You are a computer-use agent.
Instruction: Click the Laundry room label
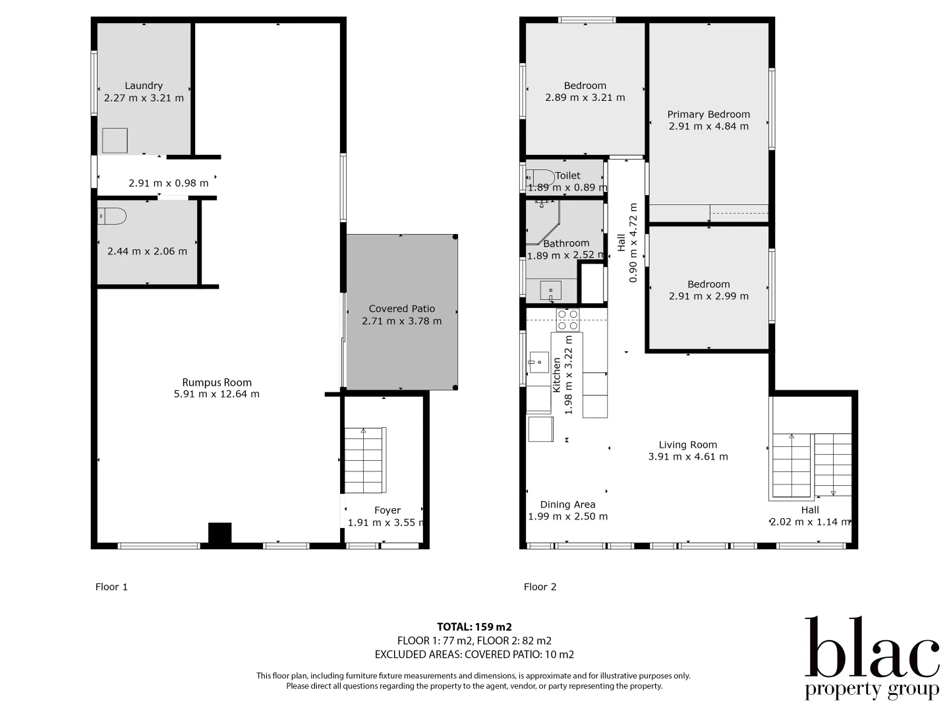pyautogui.click(x=144, y=86)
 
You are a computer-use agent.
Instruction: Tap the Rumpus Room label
pyautogui.click(x=217, y=382)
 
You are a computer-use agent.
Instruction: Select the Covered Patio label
pyautogui.click(x=401, y=309)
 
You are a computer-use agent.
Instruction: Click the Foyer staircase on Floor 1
pyautogui.click(x=363, y=460)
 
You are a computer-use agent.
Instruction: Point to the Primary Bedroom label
pyautogui.click(x=708, y=114)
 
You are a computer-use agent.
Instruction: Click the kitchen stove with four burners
pyautogui.click(x=567, y=320)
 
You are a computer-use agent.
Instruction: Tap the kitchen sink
pyautogui.click(x=538, y=362)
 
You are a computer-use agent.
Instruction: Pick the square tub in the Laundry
pyautogui.click(x=115, y=140)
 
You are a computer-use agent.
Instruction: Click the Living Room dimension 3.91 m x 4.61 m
pyautogui.click(x=688, y=456)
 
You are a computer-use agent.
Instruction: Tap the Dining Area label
pyautogui.click(x=567, y=504)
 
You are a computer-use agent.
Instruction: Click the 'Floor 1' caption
pyautogui.click(x=111, y=587)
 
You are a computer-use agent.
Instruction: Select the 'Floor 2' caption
pyautogui.click(x=540, y=587)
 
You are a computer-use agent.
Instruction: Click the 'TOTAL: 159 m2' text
pyautogui.click(x=474, y=627)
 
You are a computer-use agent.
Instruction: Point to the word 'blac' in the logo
pyautogui.click(x=871, y=649)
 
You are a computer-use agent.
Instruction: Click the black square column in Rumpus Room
pyautogui.click(x=219, y=533)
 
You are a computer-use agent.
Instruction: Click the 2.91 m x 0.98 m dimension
pyautogui.click(x=168, y=183)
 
